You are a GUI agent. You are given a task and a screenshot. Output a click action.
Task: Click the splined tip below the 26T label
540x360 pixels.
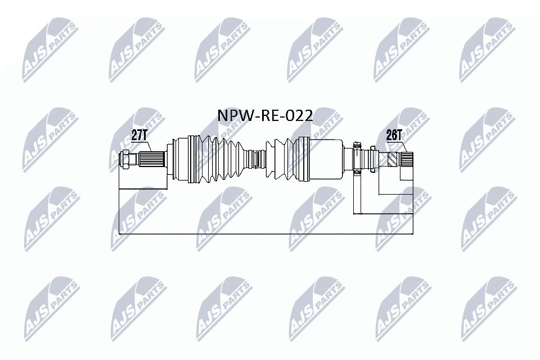tap(407, 160)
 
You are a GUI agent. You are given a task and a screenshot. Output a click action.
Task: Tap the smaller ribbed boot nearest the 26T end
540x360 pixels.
tap(284, 159)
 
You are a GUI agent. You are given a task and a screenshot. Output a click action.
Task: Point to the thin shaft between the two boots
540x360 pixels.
tap(257, 159)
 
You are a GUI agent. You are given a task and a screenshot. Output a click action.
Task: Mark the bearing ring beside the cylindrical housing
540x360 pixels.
tap(357, 160)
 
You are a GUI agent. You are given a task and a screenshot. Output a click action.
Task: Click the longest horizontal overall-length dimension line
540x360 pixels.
tap(264, 232)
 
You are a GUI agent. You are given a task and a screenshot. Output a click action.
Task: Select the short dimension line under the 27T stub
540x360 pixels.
tap(143, 190)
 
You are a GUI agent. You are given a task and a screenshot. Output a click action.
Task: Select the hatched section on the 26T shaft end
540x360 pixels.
tap(394, 160)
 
